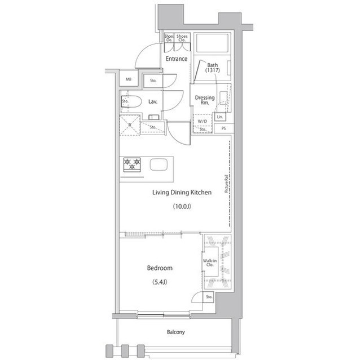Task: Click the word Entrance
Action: coord(176,59)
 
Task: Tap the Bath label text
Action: coord(212,65)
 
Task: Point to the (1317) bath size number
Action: coord(212,72)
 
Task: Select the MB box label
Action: coord(129,80)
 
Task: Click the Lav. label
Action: coord(152,102)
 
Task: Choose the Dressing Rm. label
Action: coord(204,100)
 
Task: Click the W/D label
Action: coord(202,121)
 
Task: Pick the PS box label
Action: coord(224,128)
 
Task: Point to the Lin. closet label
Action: coord(220,117)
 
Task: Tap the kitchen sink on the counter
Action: coord(158,165)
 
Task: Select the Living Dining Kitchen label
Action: coord(182,193)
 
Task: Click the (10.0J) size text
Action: coord(182,207)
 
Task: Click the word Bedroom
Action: coord(160,268)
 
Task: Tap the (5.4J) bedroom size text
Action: coord(160,282)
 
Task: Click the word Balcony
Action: coord(175,332)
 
